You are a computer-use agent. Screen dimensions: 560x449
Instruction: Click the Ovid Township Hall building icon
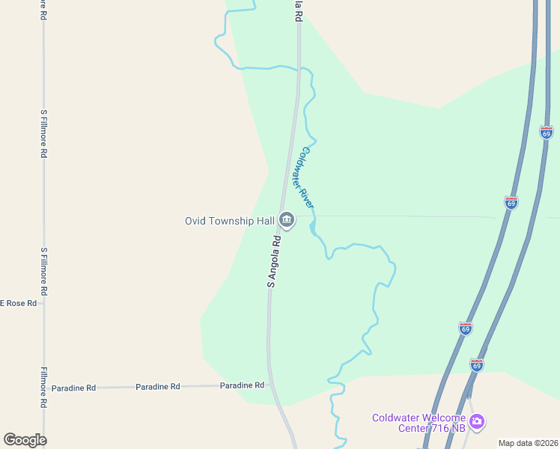[x=287, y=220]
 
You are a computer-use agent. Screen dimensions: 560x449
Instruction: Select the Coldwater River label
[x=308, y=177]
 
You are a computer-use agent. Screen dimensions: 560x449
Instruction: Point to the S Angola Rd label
[x=275, y=263]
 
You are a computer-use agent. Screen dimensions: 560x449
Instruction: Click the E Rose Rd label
[x=17, y=303]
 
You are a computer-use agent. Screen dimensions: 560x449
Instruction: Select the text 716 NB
[x=449, y=428]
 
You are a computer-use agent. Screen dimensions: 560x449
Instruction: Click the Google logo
[x=25, y=440]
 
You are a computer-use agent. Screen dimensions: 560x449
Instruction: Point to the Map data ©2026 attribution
[x=528, y=443]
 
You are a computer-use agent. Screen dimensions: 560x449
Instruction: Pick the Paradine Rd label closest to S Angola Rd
[x=242, y=385]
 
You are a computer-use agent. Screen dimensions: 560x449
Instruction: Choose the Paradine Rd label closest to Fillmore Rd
[x=73, y=388]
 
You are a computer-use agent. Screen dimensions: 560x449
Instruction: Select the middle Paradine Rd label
[x=158, y=386]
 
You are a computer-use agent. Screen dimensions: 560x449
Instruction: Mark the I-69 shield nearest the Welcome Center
[x=477, y=364]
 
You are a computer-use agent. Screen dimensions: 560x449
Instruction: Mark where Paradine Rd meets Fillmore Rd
[x=44, y=388]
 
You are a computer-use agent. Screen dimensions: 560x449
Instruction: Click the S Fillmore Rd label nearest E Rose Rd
[x=44, y=270]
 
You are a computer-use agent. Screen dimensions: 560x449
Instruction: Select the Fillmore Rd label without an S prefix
[x=44, y=387]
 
